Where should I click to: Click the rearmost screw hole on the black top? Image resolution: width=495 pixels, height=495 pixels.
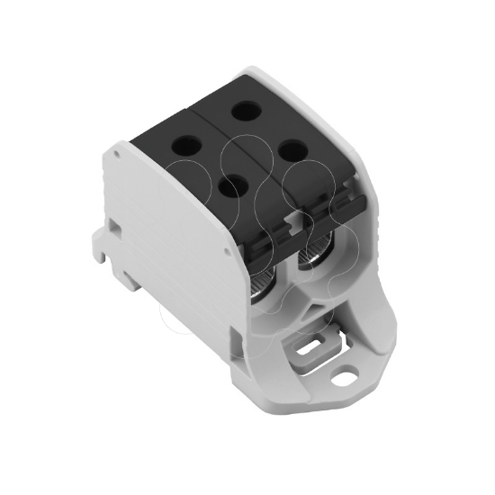coord(244,112)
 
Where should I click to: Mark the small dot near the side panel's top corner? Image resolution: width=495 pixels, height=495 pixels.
coord(118,155)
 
